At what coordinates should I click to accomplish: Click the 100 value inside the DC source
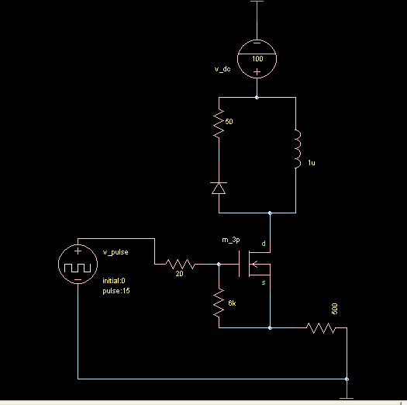click(x=257, y=59)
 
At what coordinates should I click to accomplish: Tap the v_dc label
click(x=222, y=69)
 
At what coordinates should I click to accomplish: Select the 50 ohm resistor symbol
click(x=219, y=123)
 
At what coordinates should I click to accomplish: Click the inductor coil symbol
click(x=298, y=149)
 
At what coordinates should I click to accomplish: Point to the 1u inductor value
click(x=312, y=163)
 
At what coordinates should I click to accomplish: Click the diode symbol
click(x=219, y=188)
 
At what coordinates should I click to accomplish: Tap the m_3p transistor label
click(x=231, y=240)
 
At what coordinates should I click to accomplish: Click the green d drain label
click(x=264, y=244)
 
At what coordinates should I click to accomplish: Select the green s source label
click(x=264, y=282)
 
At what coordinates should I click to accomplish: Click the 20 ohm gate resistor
click(x=180, y=265)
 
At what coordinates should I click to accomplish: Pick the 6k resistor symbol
click(x=219, y=303)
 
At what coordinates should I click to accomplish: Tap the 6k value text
click(x=232, y=303)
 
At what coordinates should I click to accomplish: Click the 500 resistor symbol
click(x=321, y=328)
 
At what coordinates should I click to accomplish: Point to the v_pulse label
click(x=116, y=252)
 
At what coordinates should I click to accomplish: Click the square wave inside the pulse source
click(x=78, y=268)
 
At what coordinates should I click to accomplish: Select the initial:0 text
click(x=114, y=281)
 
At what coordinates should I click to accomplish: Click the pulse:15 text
click(x=116, y=291)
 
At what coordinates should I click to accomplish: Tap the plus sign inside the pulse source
click(x=78, y=251)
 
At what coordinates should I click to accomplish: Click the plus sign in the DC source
click(x=257, y=71)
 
